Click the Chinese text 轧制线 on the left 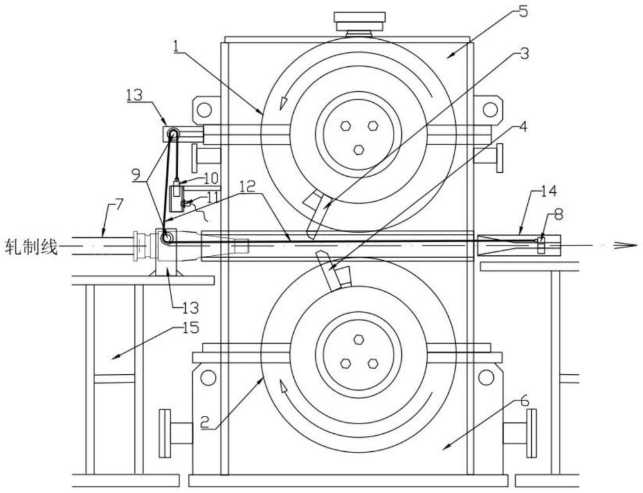[x=30, y=247]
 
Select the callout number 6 [x=525, y=400]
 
